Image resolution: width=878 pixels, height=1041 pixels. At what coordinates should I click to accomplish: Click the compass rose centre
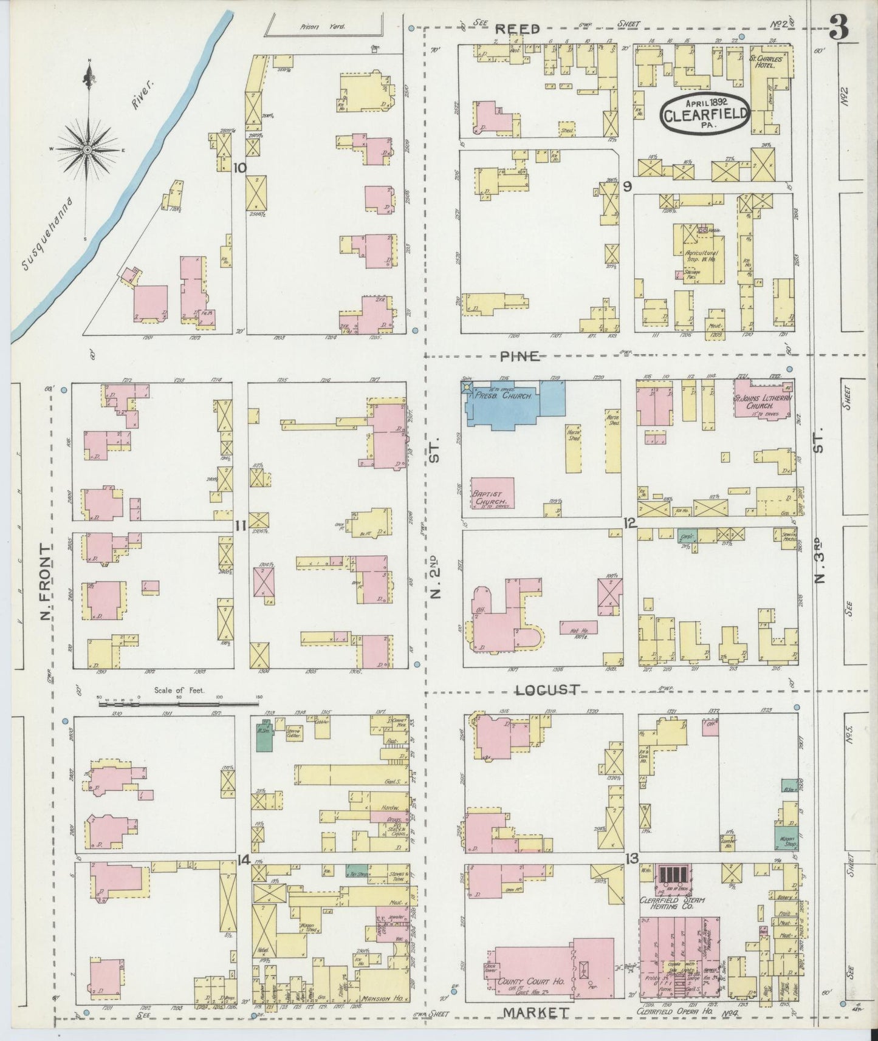coord(89,149)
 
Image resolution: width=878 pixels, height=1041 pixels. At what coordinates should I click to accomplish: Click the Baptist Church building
coord(492,494)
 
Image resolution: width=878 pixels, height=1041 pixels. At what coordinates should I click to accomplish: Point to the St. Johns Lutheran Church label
coord(763,403)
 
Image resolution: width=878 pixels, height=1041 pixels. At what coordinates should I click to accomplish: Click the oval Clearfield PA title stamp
coord(705,112)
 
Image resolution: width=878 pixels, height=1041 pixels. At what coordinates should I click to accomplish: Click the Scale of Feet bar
coord(179,704)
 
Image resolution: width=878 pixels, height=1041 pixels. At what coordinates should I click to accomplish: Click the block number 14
coord(243,859)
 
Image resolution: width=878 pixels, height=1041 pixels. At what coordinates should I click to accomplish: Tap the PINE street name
coord(520,357)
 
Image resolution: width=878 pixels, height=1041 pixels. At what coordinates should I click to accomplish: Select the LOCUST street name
coord(547,690)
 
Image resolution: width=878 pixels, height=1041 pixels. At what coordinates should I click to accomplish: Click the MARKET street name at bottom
coord(536,1012)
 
